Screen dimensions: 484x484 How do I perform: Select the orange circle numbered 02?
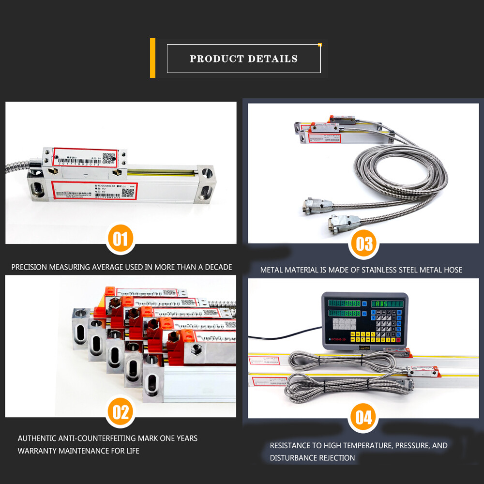[x=121, y=412]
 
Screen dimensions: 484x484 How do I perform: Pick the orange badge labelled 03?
[x=363, y=243]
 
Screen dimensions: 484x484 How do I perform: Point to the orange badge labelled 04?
[x=363, y=417]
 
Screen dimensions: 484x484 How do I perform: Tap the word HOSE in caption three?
[x=451, y=270]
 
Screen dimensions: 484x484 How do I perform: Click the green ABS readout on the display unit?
[x=387, y=303]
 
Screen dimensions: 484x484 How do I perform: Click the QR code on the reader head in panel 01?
[x=111, y=156]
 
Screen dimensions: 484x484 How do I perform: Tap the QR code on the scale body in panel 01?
[x=128, y=192]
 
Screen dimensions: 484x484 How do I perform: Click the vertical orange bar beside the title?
[x=153, y=58]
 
